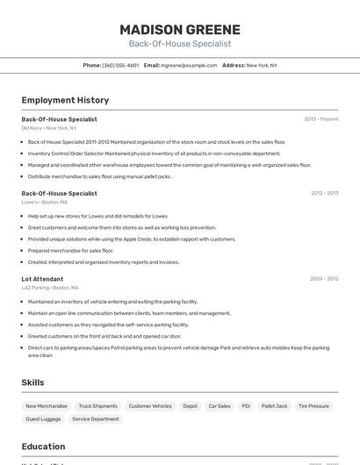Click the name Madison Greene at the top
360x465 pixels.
pyautogui.click(x=180, y=30)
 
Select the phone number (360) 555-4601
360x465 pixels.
pyautogui.click(x=120, y=65)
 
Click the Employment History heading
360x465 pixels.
pyautogui.click(x=65, y=100)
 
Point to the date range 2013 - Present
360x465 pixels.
pyautogui.click(x=320, y=118)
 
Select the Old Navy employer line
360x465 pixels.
pyautogui.click(x=49, y=128)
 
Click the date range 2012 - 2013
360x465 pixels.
pyautogui.click(x=324, y=193)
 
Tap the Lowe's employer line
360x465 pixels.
pyautogui.click(x=45, y=202)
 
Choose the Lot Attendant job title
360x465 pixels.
pyautogui.click(x=42, y=279)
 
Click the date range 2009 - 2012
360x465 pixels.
pyautogui.click(x=324, y=279)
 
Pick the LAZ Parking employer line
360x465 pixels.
pyautogui.click(x=50, y=288)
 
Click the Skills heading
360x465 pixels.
pyautogui.click(x=33, y=383)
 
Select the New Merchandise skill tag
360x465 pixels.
pyautogui.click(x=47, y=406)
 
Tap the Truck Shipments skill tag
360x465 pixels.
pyautogui.click(x=97, y=406)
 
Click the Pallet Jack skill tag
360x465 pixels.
pyautogui.click(x=275, y=406)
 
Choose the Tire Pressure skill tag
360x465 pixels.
pyautogui.click(x=313, y=406)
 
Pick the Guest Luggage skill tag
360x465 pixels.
pyautogui.click(x=43, y=419)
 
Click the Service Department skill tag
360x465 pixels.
pyautogui.click(x=95, y=419)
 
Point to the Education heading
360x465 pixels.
pyautogui.click(x=44, y=446)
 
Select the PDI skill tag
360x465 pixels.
pyautogui.click(x=246, y=406)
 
